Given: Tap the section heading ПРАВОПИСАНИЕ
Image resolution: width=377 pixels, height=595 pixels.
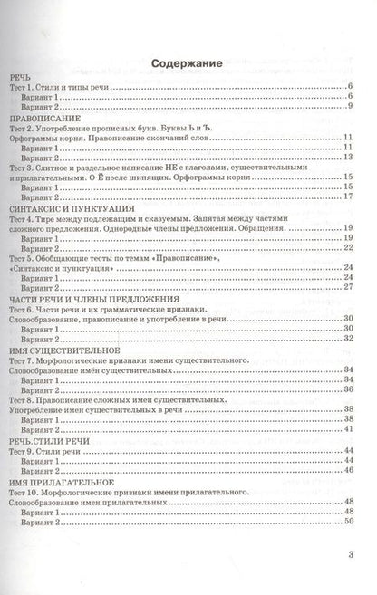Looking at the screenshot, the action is [x=45, y=119].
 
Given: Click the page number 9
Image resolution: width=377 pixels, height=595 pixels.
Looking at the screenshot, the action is [x=349, y=106].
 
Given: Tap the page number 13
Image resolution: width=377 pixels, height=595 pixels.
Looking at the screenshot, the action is [x=347, y=157].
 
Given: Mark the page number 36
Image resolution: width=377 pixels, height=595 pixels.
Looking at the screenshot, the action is [x=347, y=387].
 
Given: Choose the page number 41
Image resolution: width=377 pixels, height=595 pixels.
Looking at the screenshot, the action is [x=347, y=425].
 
